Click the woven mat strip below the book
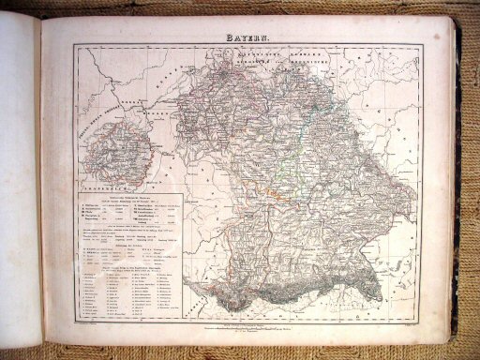pyautogui.click(x=240, y=351)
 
